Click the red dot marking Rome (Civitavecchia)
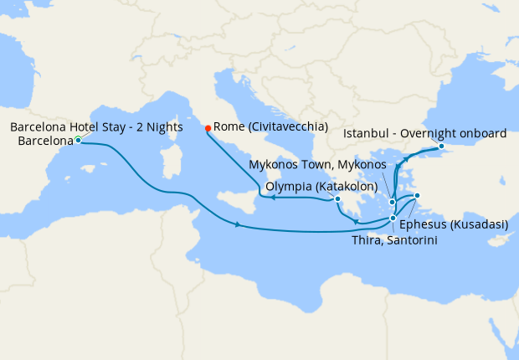[208, 129]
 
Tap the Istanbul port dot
[441, 147]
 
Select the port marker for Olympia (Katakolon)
[337, 199]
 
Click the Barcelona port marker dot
[77, 141]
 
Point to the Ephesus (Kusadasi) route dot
[417, 197]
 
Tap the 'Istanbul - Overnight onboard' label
[425, 133]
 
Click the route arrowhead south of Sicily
[239, 224]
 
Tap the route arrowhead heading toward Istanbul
[408, 157]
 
